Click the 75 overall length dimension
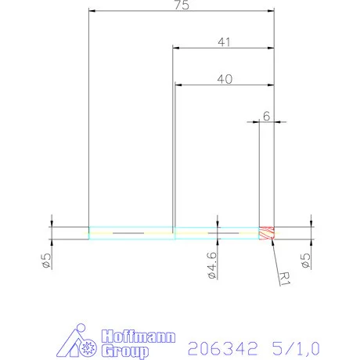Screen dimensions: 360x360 pos(182,5)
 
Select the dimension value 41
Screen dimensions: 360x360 pos(224,43)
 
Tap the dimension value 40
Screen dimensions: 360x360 pos(224,78)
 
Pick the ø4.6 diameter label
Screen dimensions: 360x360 pos(211,265)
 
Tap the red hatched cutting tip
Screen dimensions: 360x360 pos(267,233)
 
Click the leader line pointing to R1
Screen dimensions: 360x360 pos(275,254)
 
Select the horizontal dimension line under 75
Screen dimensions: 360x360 pos(182,13)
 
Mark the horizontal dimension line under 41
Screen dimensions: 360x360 pos(224,49)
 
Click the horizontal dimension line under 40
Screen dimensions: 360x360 pos(224,85)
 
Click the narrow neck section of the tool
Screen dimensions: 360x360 pos(216,233)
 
